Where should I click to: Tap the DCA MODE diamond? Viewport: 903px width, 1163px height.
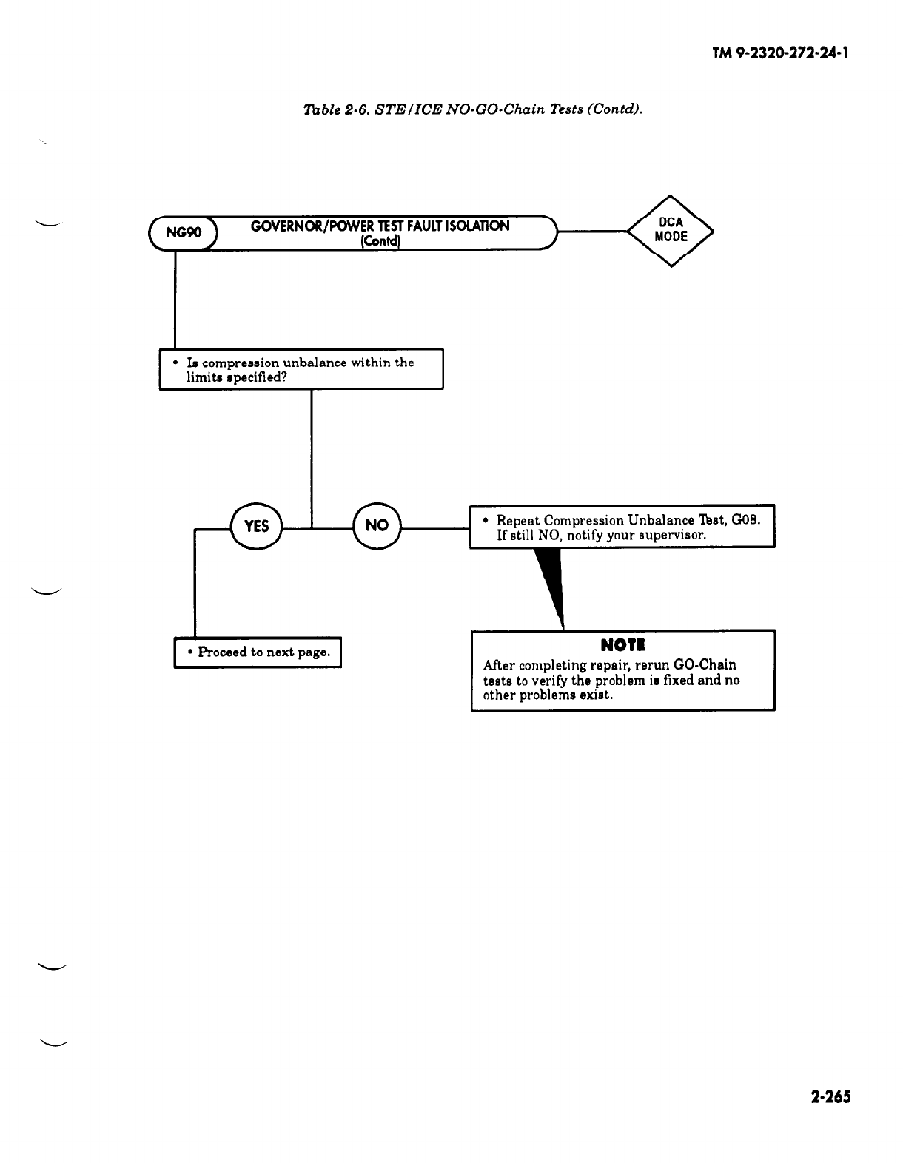point(671,230)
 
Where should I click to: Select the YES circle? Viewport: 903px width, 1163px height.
point(256,526)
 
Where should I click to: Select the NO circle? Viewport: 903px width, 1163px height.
point(377,526)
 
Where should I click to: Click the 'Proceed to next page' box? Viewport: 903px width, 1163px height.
point(258,652)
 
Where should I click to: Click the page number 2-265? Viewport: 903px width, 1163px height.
point(830,1096)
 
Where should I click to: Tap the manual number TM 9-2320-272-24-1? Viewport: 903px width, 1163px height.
point(780,54)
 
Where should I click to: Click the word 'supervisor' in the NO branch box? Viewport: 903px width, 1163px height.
point(671,535)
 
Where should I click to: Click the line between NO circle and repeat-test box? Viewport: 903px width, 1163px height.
point(435,527)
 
